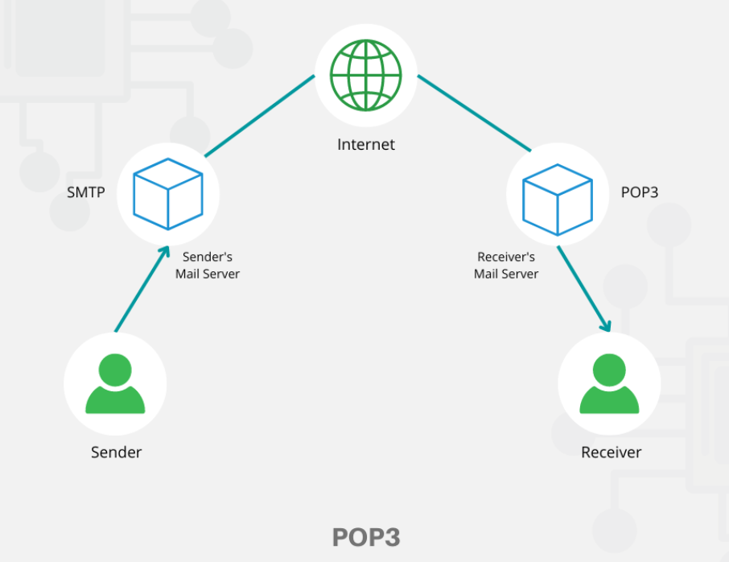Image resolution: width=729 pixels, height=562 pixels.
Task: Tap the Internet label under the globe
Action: click(x=366, y=145)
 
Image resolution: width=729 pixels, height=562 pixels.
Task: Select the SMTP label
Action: click(x=87, y=193)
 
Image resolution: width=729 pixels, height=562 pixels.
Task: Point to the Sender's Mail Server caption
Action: click(x=208, y=265)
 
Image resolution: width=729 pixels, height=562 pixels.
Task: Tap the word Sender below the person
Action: click(x=116, y=452)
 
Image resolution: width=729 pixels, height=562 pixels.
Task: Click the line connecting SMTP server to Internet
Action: click(x=259, y=116)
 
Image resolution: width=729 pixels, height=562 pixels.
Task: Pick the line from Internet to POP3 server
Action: click(x=474, y=114)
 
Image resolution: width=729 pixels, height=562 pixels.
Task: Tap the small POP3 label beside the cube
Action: click(x=640, y=193)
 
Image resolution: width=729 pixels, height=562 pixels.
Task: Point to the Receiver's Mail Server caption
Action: click(x=506, y=265)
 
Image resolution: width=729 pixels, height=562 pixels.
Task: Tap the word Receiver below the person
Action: click(x=611, y=452)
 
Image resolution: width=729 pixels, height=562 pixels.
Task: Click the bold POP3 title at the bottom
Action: click(x=365, y=537)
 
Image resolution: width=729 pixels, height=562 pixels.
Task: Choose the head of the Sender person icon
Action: click(x=115, y=370)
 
